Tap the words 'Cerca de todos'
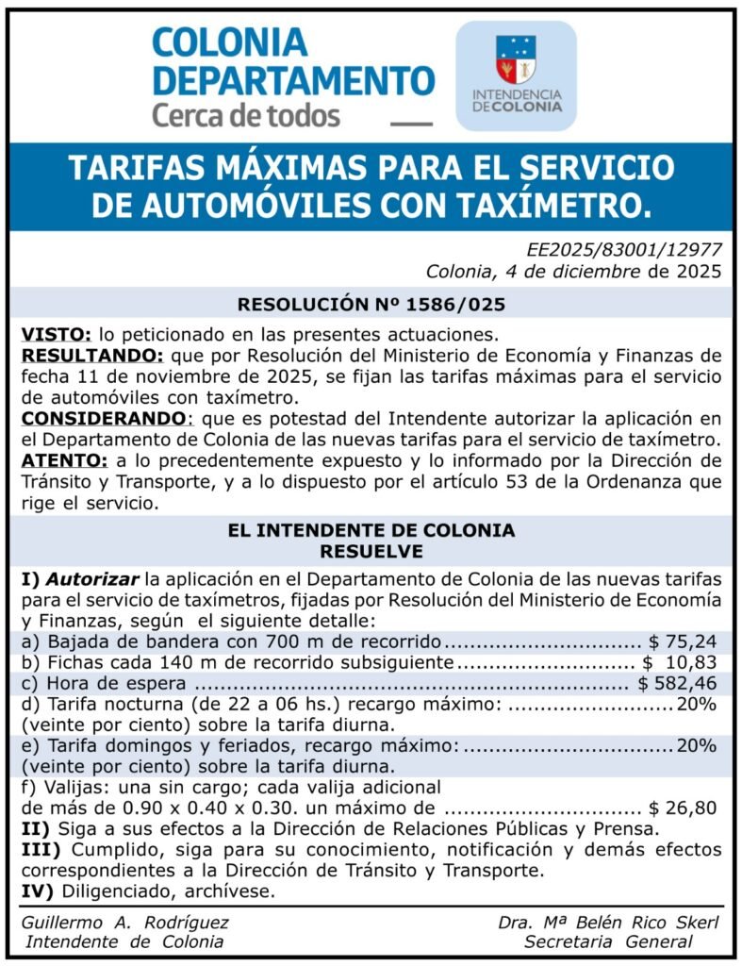pos(246,116)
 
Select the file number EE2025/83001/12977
pos(625,250)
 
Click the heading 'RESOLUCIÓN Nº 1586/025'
pos(371,304)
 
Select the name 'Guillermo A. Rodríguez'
pos(124,922)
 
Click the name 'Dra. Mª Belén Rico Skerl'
pos(607,922)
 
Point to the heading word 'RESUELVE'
pos(371,550)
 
